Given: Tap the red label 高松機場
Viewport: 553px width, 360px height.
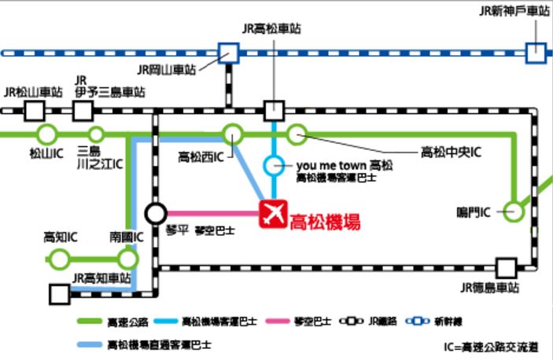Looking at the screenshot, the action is coord(325,222).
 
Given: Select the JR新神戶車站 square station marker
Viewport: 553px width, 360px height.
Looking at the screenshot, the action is coord(536,53).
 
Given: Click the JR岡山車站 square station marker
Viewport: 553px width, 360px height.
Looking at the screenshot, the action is coord(229,53).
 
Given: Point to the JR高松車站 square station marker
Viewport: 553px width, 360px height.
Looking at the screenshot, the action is coord(274,110).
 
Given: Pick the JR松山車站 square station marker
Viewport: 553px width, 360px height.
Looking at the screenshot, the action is coord(34,110).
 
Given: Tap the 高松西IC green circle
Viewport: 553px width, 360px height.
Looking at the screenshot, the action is coord(232,134).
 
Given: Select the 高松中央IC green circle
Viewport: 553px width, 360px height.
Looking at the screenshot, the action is coord(297,135).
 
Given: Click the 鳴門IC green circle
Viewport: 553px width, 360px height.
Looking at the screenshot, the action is coord(513,211).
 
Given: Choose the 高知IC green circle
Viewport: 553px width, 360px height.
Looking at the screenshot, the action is coord(58,259).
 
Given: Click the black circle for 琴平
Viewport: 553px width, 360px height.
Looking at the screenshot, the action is coord(156,213).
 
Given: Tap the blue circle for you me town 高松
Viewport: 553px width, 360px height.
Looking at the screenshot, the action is coord(273,166).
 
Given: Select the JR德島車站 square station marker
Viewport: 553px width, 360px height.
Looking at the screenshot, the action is coord(506,268).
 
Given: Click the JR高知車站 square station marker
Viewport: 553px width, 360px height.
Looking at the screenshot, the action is coord(59,295).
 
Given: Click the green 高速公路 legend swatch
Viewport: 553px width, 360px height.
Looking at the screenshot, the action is coord(92,321).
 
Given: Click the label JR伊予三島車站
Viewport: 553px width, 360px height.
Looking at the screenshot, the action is coord(110,86).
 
